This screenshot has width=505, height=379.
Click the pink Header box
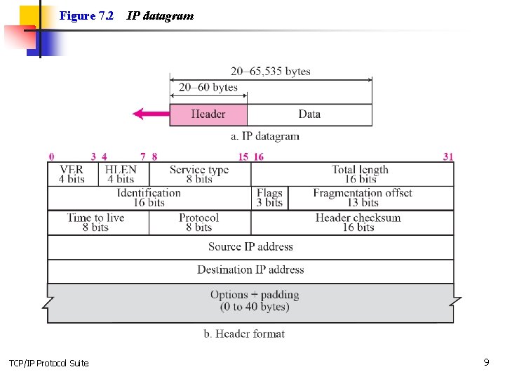(x=208, y=114)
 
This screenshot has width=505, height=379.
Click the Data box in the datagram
(x=309, y=114)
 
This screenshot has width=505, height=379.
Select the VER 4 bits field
(x=72, y=174)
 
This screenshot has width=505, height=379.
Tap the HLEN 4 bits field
(x=121, y=174)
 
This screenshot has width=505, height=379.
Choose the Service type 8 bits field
(x=199, y=174)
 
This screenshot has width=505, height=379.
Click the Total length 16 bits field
(x=361, y=174)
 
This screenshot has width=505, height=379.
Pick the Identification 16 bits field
(x=149, y=197)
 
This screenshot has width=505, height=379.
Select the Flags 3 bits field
(x=269, y=197)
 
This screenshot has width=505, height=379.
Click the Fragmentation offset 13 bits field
(x=363, y=197)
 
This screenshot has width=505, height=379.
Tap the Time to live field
(x=96, y=222)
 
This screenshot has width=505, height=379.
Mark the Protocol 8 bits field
(x=199, y=222)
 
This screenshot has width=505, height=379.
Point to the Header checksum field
(x=358, y=222)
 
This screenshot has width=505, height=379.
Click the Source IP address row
(x=250, y=247)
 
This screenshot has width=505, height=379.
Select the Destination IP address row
(x=250, y=270)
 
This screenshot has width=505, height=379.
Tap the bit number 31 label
(x=448, y=157)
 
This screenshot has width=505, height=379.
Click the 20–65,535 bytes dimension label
(x=271, y=72)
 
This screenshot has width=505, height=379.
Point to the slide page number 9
(x=486, y=362)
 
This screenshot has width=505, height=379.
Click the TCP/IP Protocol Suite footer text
(x=49, y=363)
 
